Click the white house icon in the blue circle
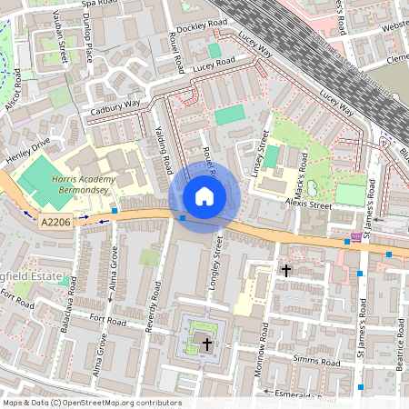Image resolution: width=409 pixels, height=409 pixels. (204, 196)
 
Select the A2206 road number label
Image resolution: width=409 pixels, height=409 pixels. (54, 219)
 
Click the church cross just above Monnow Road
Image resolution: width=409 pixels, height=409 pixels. (286, 270)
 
